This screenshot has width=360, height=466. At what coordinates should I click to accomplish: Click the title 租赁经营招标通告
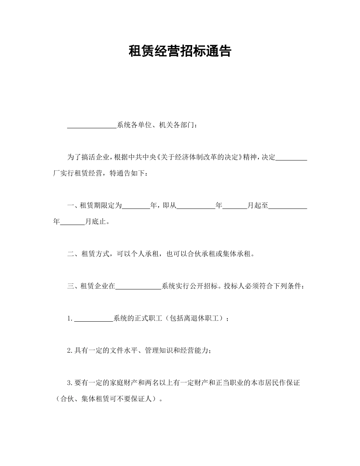pyautogui.click(x=180, y=51)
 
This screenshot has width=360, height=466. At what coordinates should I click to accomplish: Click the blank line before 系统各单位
pyautogui.click(x=92, y=125)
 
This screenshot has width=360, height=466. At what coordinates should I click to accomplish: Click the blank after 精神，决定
pyautogui.click(x=291, y=157)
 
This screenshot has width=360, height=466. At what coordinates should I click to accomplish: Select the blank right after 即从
pyautogui.click(x=196, y=206)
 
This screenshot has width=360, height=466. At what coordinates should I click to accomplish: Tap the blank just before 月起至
pyautogui.click(x=235, y=206)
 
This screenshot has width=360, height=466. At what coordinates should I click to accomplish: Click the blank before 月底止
pyautogui.click(x=72, y=222)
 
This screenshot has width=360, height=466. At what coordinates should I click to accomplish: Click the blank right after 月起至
pyautogui.click(x=288, y=206)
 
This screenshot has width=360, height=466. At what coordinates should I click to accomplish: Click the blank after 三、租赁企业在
pyautogui.click(x=138, y=286)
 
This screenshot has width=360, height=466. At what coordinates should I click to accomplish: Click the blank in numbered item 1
pyautogui.click(x=94, y=319)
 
